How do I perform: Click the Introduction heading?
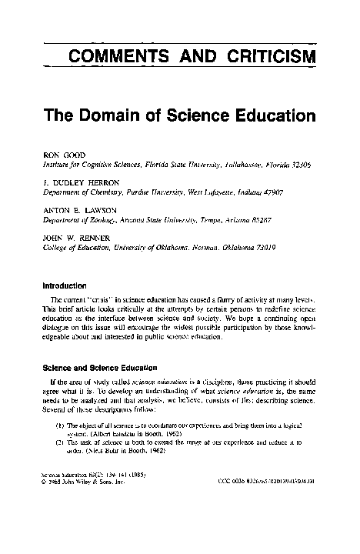(x=68, y=283)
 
